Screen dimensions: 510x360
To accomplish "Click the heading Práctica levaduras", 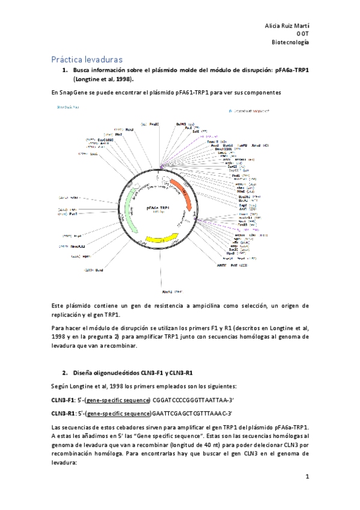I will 87,60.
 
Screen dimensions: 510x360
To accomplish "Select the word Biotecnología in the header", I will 291,43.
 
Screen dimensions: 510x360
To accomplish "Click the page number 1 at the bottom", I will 307,477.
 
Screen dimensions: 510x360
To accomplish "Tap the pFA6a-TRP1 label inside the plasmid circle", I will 158,207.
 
